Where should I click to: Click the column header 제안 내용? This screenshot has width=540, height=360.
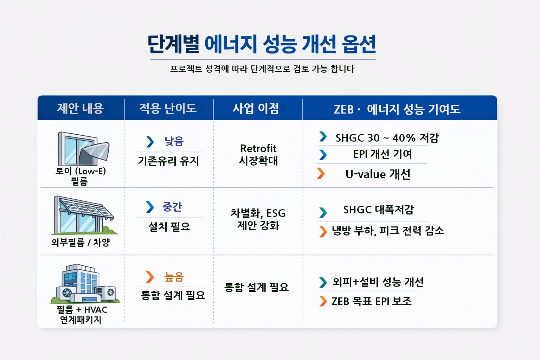click(80, 108)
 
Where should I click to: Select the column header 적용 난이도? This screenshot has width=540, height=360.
click(168, 108)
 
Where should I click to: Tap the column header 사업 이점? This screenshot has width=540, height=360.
click(256, 108)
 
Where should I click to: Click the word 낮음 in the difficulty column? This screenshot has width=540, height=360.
click(174, 141)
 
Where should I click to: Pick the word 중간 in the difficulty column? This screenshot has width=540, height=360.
click(172, 207)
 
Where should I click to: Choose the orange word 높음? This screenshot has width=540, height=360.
click(174, 277)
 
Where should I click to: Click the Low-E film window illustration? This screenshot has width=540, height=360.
click(83, 149)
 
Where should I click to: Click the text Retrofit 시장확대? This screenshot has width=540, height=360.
click(258, 154)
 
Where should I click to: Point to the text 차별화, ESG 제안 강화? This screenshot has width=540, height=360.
click(258, 219)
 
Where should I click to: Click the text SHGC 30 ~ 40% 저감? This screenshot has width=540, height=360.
click(387, 138)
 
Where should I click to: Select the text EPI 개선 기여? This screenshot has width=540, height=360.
click(382, 154)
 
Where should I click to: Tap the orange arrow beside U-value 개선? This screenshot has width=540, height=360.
click(321, 173)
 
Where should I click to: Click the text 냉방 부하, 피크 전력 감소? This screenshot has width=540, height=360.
click(388, 231)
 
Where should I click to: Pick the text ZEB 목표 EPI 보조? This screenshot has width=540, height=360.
click(371, 301)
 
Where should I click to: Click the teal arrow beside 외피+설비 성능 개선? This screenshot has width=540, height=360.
click(323, 282)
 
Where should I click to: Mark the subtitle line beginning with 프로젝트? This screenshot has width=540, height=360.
click(262, 69)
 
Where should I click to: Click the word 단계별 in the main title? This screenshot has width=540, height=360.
click(173, 44)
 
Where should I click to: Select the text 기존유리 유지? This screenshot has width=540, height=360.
click(169, 161)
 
